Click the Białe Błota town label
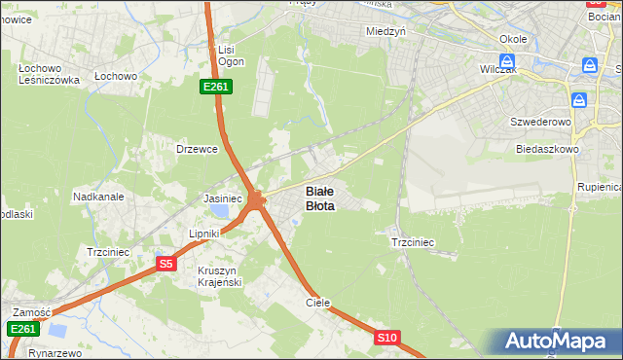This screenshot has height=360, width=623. (320, 198)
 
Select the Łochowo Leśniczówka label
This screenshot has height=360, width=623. (49, 75)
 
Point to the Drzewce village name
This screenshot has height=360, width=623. (195, 149)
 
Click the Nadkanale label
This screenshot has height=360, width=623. (98, 197)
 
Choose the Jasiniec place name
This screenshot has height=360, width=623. (223, 198)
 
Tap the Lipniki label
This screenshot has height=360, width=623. (205, 234)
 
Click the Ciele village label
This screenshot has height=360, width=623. (318, 303)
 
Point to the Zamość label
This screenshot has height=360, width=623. (31, 312)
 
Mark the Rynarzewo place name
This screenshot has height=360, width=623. (55, 353)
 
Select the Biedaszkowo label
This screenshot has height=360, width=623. (547, 150)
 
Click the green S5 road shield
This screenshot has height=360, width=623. (165, 263)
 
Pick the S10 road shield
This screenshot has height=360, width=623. (387, 338)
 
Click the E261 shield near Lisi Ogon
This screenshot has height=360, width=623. (215, 87)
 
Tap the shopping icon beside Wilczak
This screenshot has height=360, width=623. (506, 60)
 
